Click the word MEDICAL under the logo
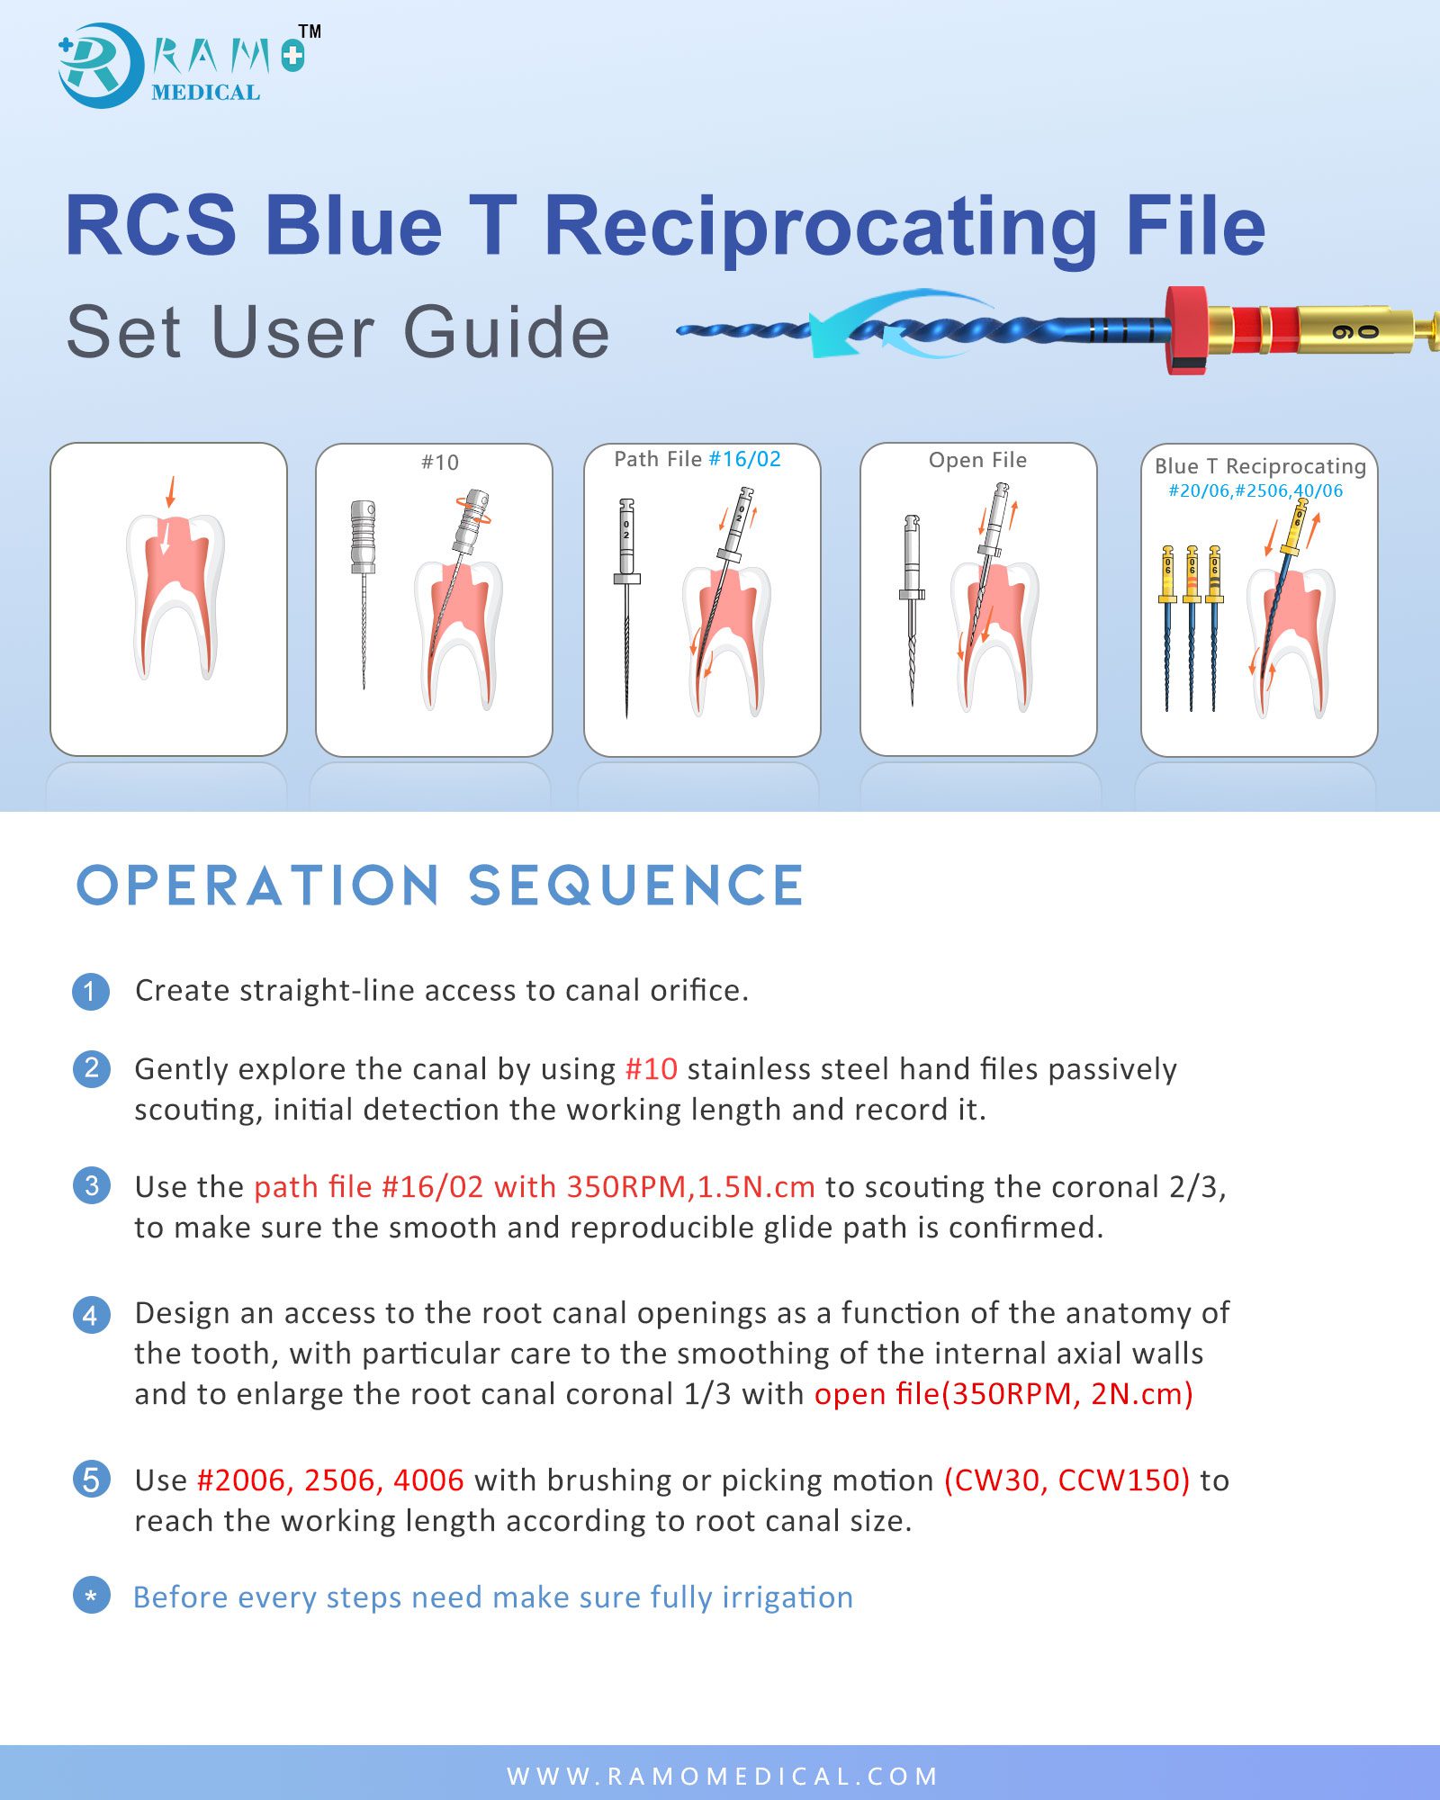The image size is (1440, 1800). (206, 93)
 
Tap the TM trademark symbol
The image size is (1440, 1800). (310, 31)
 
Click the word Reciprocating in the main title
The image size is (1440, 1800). (821, 228)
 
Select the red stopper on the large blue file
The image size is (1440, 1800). (1186, 330)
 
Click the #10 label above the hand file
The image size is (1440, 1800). (440, 463)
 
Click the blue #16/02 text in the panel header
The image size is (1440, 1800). (745, 459)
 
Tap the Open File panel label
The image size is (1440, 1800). (977, 460)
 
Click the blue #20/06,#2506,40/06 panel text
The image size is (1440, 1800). (1255, 490)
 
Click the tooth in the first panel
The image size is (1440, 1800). (175, 596)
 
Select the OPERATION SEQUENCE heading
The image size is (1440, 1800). (440, 885)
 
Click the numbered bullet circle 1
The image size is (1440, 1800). (91, 992)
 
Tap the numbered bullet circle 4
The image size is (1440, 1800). (91, 1315)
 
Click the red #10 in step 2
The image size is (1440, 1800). (651, 1069)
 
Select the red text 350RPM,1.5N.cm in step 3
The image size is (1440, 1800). (690, 1187)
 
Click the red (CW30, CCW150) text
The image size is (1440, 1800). (1066, 1480)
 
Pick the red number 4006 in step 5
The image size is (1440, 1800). (428, 1480)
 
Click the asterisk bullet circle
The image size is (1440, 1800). (91, 1596)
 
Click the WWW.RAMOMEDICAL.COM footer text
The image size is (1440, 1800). (723, 1776)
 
